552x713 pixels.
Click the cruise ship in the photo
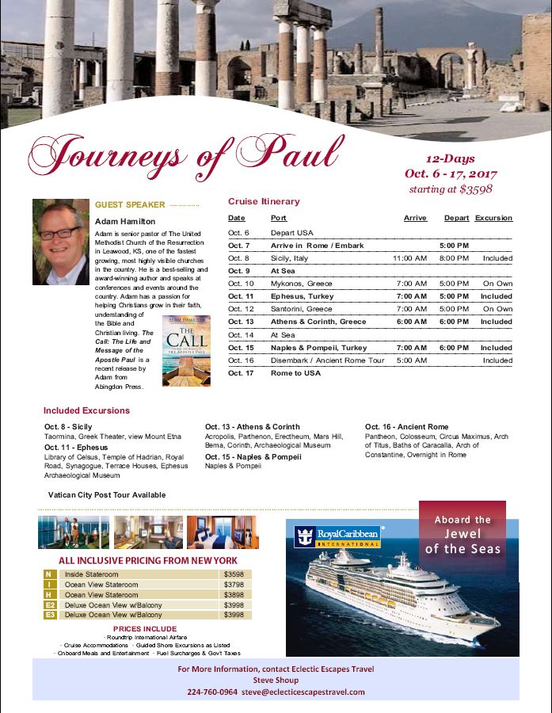pyautogui.click(x=396, y=593)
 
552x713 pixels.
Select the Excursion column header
pyautogui.click(x=493, y=218)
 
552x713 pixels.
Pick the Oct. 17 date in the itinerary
pyautogui.click(x=240, y=372)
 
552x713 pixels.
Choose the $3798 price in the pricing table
pyautogui.click(x=234, y=585)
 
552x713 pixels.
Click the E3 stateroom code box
pyautogui.click(x=49, y=614)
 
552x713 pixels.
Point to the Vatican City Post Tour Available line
pyautogui.click(x=107, y=494)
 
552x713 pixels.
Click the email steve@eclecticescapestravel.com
pyautogui.click(x=303, y=691)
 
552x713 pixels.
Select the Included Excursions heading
pyautogui.click(x=86, y=410)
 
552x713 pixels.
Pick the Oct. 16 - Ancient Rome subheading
pyautogui.click(x=406, y=427)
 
